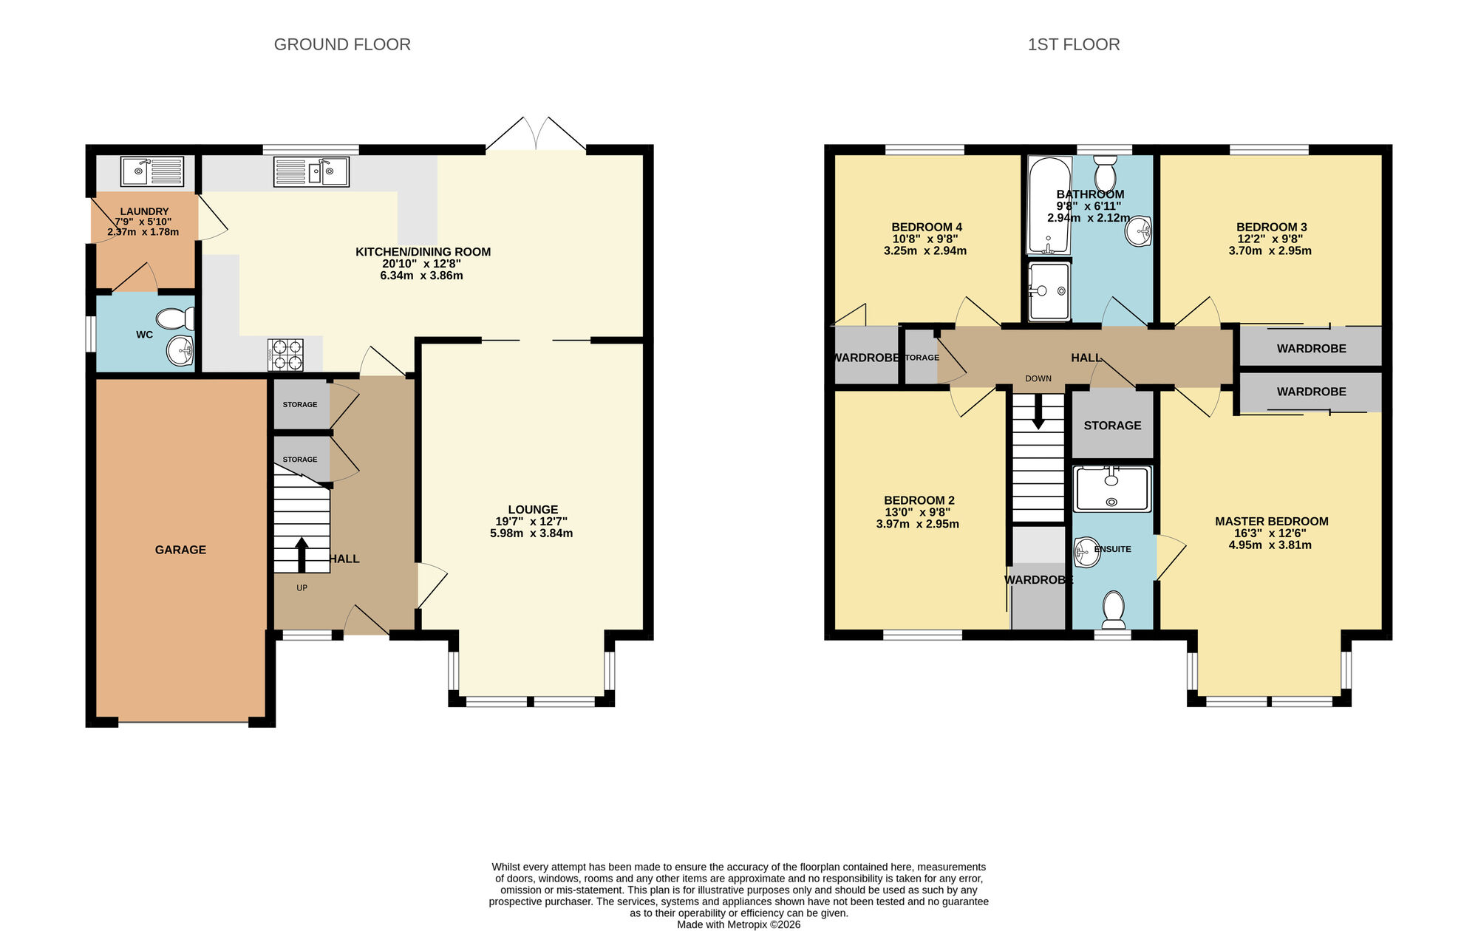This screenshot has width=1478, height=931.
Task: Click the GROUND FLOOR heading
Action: pyautogui.click(x=342, y=44)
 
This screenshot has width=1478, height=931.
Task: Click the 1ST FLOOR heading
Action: pyautogui.click(x=1073, y=44)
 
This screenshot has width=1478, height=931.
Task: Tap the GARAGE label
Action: pyautogui.click(x=180, y=550)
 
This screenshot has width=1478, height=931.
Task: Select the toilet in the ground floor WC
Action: pyautogui.click(x=174, y=319)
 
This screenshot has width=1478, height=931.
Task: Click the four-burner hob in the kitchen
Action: pyautogui.click(x=286, y=355)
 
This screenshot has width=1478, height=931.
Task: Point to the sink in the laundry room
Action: pyautogui.click(x=151, y=171)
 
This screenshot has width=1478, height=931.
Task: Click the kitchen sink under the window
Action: pyautogui.click(x=311, y=171)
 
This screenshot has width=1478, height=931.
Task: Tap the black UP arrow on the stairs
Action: pyautogui.click(x=302, y=554)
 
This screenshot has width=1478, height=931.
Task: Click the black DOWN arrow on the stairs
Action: pyautogui.click(x=1038, y=412)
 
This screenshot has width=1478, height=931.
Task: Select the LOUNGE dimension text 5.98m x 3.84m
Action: pyautogui.click(x=531, y=533)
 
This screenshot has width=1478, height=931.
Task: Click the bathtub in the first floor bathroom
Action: pyautogui.click(x=1049, y=205)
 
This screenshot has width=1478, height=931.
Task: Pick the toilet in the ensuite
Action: pyautogui.click(x=1113, y=609)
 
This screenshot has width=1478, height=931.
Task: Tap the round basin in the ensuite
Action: pyautogui.click(x=1086, y=552)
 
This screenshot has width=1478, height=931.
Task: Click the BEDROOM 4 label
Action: pyautogui.click(x=926, y=227)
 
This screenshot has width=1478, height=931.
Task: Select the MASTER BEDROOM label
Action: pyautogui.click(x=1271, y=522)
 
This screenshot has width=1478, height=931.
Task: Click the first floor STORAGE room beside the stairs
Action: pyautogui.click(x=1112, y=426)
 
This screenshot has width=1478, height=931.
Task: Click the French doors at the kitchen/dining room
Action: pyautogui.click(x=537, y=136)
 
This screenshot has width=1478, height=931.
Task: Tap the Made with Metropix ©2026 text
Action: pyautogui.click(x=738, y=924)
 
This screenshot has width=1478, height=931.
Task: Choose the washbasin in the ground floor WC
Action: pyautogui.click(x=180, y=350)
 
